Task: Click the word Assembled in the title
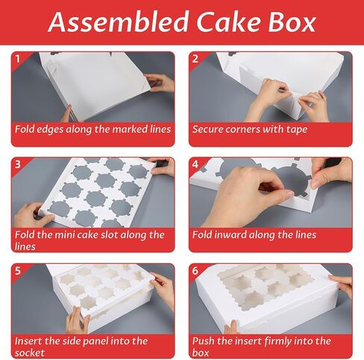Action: pos(119,22)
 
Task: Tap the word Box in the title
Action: pos(292,22)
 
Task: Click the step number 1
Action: pos(17,59)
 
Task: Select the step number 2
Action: pos(195,59)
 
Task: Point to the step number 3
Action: pos(18,164)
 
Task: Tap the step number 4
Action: pos(195,164)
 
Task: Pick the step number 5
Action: pos(18,270)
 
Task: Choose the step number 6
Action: pos(195,270)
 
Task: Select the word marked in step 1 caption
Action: pos(130,129)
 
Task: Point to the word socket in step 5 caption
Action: pos(30,353)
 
